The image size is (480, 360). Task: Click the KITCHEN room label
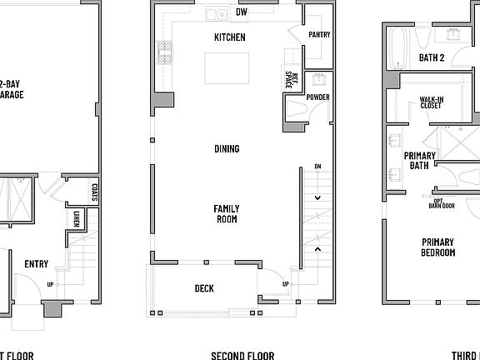click(x=230, y=37)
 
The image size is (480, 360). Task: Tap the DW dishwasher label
click(x=242, y=12)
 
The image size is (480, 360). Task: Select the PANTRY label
click(x=319, y=35)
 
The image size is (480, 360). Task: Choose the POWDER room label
click(x=317, y=97)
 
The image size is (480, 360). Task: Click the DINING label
click(x=226, y=149)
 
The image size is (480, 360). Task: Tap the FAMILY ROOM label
click(x=226, y=214)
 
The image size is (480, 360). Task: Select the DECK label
click(x=204, y=288)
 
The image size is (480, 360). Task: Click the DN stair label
click(x=317, y=167)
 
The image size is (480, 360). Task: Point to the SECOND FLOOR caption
click(x=242, y=356)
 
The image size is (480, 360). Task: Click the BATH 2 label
click(x=430, y=58)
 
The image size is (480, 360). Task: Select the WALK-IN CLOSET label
click(x=431, y=102)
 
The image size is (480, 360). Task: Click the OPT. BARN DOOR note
click(x=436, y=205)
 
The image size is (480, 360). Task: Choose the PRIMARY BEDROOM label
click(x=437, y=247)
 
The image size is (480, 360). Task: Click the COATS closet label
click(x=95, y=193)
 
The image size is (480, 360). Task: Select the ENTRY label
click(x=36, y=264)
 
